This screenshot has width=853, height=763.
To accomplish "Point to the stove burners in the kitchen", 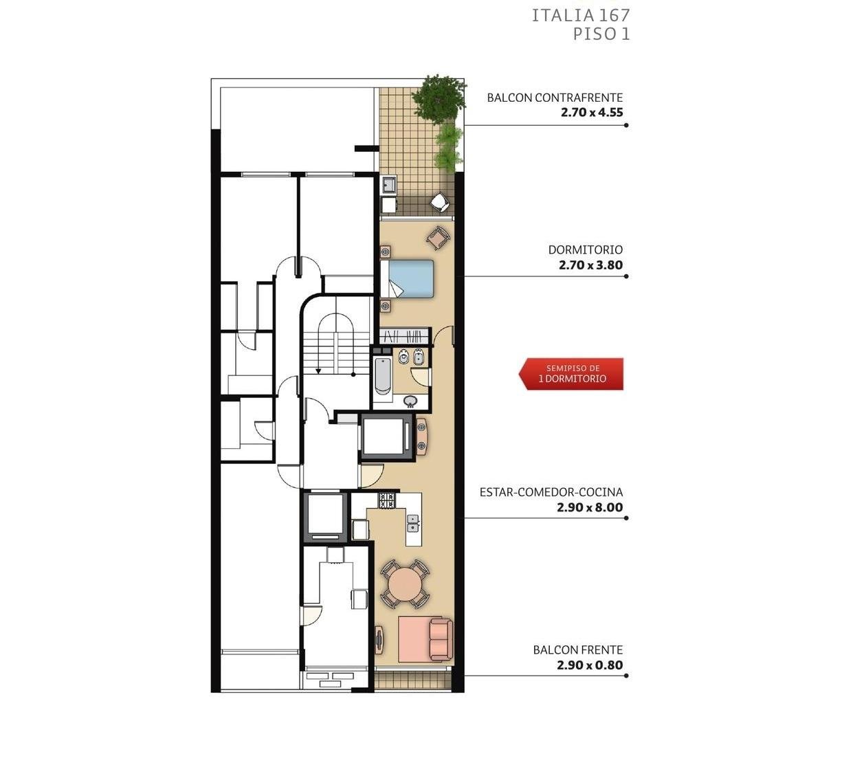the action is (388, 500).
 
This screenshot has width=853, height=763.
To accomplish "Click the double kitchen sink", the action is (412, 523).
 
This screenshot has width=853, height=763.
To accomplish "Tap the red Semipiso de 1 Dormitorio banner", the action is (571, 374).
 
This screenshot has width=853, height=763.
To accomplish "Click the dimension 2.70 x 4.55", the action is (592, 113).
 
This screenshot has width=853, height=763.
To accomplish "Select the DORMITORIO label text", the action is (585, 250).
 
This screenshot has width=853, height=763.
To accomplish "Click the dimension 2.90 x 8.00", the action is (590, 507).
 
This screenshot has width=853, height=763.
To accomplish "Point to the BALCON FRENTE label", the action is (577, 650).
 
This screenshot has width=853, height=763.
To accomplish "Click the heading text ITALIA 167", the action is (581, 16).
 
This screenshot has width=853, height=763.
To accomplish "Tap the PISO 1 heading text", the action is (601, 34).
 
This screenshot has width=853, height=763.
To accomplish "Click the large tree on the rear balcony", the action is (439, 98).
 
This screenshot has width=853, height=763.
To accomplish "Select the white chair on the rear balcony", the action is (439, 201).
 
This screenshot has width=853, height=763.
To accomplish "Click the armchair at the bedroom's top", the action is (439, 238).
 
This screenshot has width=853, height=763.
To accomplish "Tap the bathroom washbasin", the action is (410, 401).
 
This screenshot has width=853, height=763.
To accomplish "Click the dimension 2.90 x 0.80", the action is (590, 665).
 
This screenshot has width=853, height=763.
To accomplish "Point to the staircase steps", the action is (335, 352).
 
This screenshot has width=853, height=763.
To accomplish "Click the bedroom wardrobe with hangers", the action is (404, 336).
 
